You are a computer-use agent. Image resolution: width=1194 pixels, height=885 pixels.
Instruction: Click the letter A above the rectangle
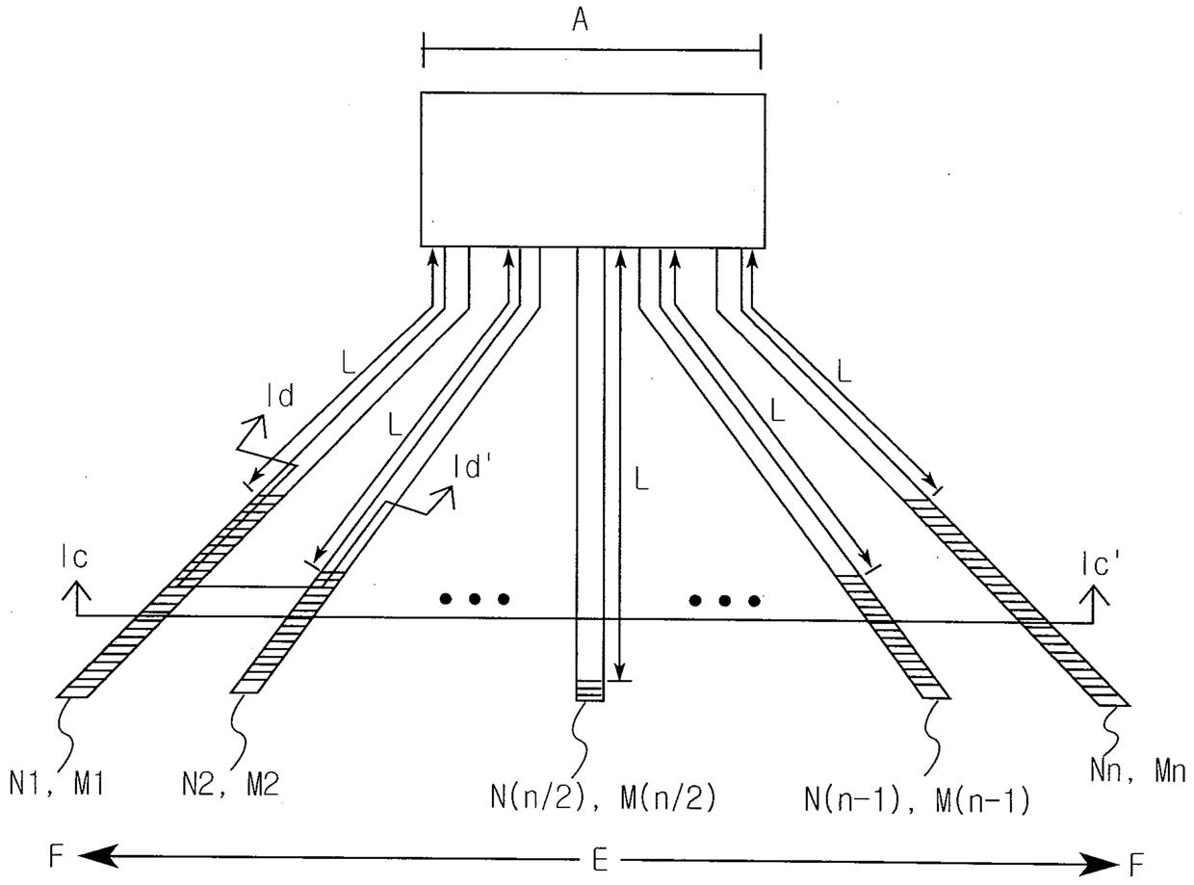click(580, 20)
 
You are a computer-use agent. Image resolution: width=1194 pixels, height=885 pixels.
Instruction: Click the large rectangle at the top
click(593, 169)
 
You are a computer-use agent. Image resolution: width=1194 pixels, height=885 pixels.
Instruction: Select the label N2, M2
click(232, 785)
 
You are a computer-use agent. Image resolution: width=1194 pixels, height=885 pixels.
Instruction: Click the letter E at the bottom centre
click(599, 860)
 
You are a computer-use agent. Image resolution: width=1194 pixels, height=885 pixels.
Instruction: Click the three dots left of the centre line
click(474, 599)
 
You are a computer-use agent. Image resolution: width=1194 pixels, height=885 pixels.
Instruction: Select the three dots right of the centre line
click(724, 600)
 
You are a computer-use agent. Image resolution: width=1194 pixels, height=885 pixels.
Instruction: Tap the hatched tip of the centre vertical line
click(589, 690)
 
